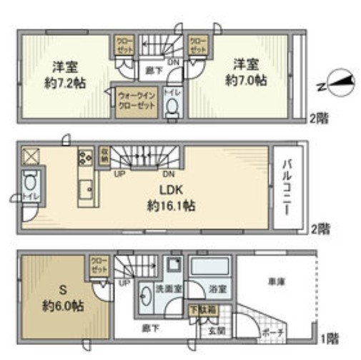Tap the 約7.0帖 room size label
click(x=246, y=81)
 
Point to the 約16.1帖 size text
click(x=172, y=205)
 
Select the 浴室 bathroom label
click(x=218, y=289)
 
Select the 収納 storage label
click(x=104, y=155)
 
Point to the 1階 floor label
click(x=330, y=337)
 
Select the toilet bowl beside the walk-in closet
click(x=172, y=108)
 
